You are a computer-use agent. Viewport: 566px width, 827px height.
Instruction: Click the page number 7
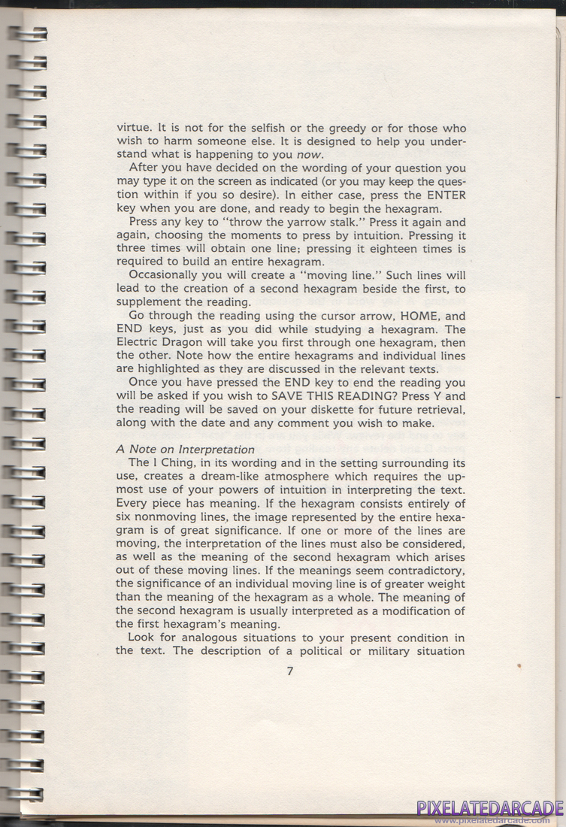point(290,671)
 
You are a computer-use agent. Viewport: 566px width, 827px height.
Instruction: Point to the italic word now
point(310,155)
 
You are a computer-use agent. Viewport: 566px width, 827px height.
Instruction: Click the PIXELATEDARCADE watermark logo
point(489,809)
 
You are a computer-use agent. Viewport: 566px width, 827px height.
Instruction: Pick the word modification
point(414,610)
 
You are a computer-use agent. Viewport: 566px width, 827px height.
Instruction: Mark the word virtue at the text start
point(132,128)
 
